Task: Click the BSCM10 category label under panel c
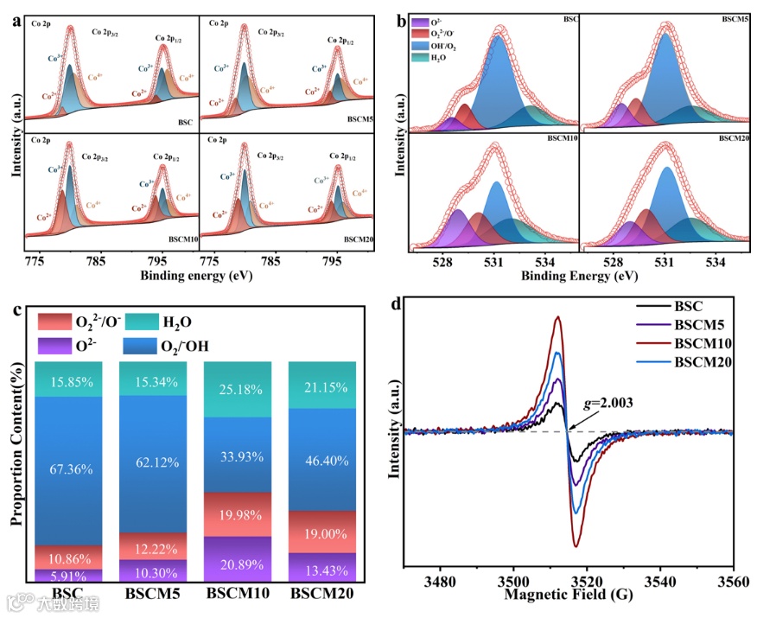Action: coord(237,595)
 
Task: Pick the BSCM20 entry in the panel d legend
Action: coord(705,361)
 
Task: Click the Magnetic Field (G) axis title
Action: coord(567,596)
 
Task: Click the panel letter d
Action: coord(396,303)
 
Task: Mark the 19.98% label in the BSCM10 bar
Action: coord(236,515)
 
